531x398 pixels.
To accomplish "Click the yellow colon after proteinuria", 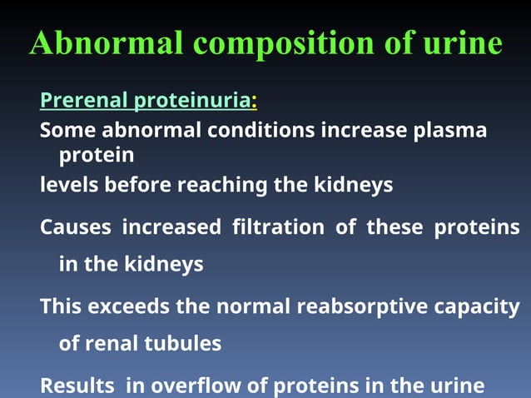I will coord(254,102).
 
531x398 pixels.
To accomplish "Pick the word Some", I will coord(66,131).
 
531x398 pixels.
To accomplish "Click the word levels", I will coord(69,184).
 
